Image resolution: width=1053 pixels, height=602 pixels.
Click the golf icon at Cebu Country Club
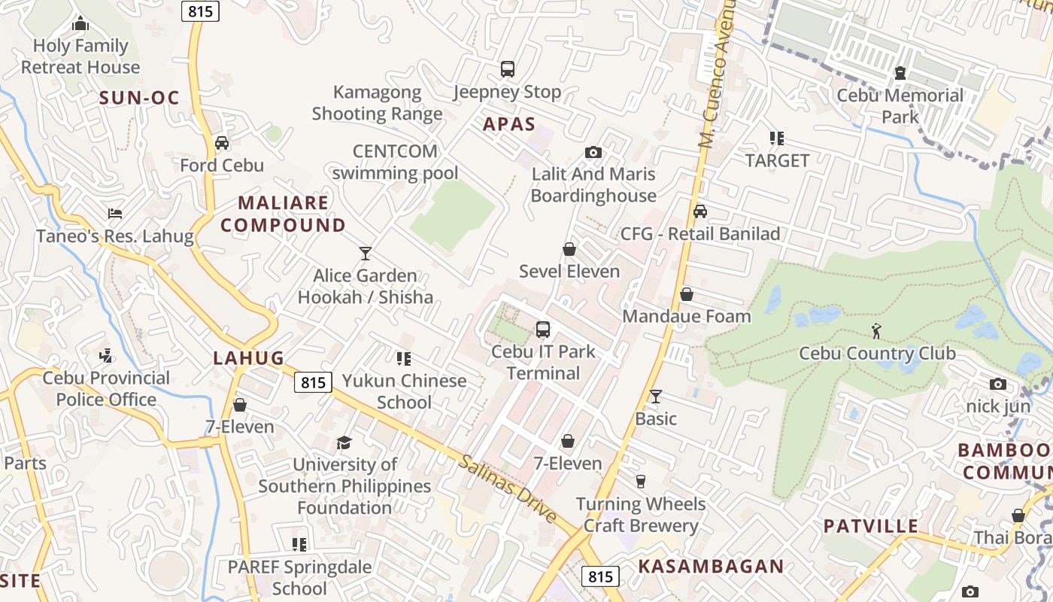pos(876,330)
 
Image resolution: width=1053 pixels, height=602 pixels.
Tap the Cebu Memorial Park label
pos(900,106)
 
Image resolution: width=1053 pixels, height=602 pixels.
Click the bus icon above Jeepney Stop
pos(508,69)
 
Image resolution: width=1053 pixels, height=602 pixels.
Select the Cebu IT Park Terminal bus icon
pos(543,329)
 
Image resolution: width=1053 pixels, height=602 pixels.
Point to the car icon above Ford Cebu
pos(222,142)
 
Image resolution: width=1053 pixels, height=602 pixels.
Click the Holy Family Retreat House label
pos(80,56)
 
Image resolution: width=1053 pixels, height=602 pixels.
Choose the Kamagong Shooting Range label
pos(377,103)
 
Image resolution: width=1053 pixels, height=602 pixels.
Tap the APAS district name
pos(509,124)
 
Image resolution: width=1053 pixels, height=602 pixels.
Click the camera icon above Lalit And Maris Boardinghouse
pos(593,153)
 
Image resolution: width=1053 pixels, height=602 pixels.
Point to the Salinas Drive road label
pos(508,488)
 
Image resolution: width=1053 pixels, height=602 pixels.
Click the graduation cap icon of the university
pos(344,442)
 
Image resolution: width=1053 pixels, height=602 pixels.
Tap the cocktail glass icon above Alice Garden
pos(366,253)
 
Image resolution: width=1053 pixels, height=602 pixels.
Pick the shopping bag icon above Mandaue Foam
pos(687,294)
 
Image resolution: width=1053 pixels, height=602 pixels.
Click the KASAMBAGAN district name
pos(711,566)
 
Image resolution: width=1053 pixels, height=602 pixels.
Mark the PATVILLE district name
pos(871,526)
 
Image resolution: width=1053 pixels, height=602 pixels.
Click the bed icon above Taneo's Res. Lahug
pos(115,214)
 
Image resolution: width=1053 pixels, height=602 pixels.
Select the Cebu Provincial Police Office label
pos(106,388)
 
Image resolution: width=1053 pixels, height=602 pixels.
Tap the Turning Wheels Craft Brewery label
pos(641,515)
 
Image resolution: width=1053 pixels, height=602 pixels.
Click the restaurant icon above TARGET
pos(777,138)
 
